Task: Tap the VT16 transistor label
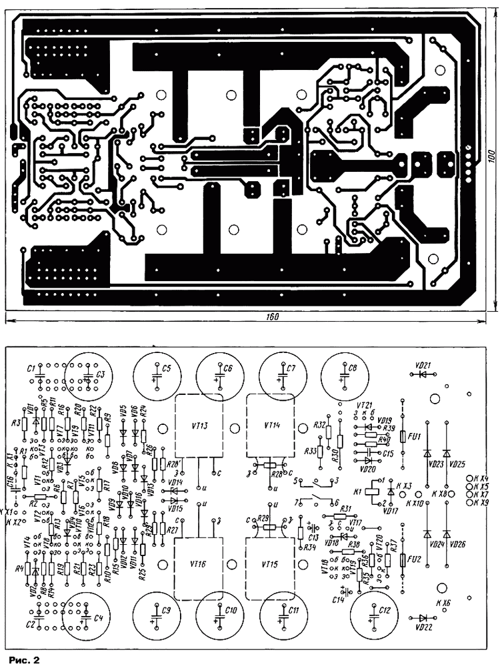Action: point(199,564)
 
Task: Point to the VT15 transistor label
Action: point(269,563)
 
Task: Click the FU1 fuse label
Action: point(414,436)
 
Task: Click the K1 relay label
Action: point(358,491)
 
